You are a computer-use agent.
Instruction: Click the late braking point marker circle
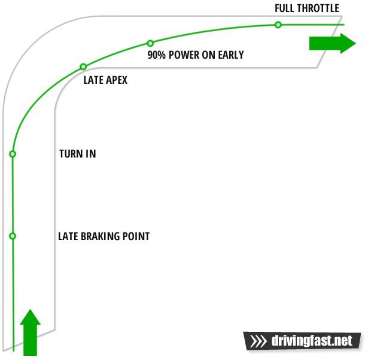click(13, 235)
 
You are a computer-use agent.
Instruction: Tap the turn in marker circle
click(13, 154)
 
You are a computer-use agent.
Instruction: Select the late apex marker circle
click(83, 66)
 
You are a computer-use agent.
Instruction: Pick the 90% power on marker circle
click(150, 43)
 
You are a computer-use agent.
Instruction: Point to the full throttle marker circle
click(278, 25)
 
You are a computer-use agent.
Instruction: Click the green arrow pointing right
click(333, 44)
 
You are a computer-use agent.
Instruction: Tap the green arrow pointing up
click(31, 332)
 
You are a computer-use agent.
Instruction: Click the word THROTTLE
click(319, 8)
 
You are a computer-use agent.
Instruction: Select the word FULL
click(285, 8)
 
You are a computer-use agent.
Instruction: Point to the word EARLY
click(231, 55)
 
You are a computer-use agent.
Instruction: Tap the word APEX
click(117, 80)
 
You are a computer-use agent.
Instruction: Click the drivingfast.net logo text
click(312, 340)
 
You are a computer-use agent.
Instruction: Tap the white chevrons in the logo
click(258, 341)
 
